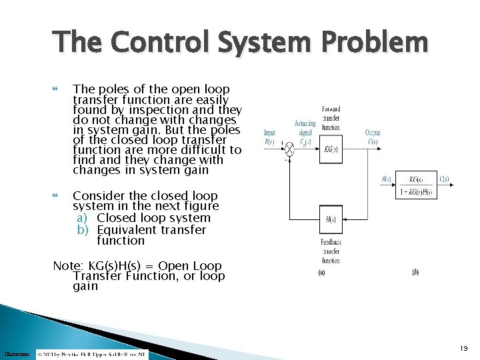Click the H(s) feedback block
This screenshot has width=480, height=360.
coord(331,219)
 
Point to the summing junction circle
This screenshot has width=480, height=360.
coord(289,149)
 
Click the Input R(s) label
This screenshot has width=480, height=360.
coord(269,137)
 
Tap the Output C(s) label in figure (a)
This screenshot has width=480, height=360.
coord(373,137)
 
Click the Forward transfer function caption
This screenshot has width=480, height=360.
coord(331,117)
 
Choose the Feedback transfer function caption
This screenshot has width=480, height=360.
coord(331,250)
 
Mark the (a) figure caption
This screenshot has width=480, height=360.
coord(322,272)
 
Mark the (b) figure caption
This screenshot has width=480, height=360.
coord(415,272)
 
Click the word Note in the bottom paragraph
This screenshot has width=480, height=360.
coord(66,266)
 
